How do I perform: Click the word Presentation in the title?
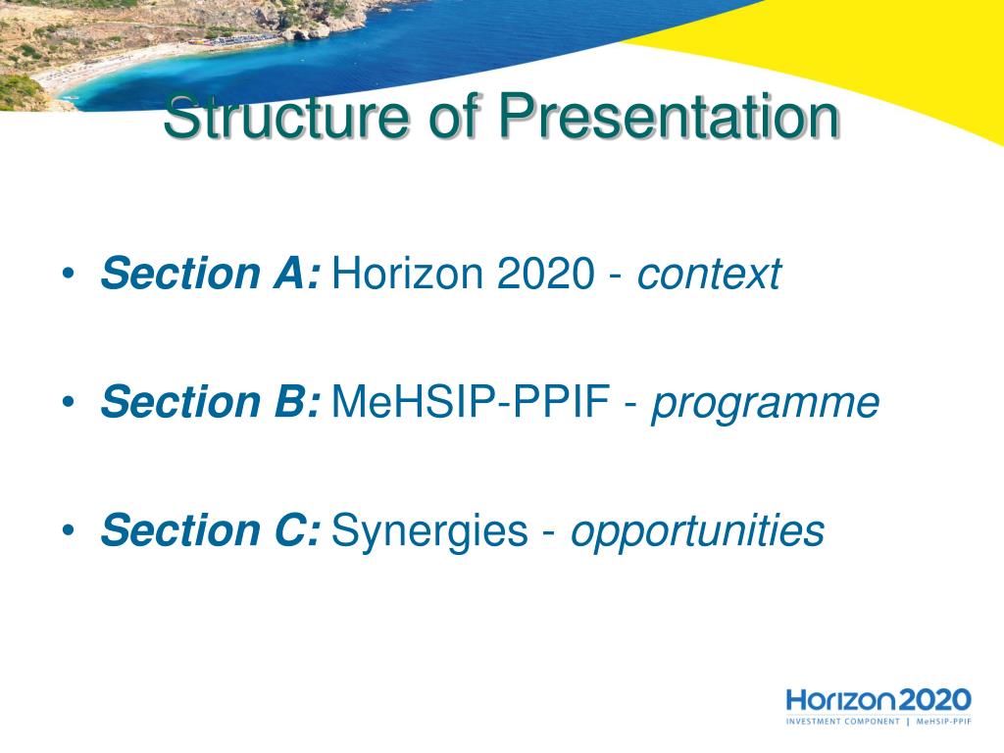(669, 116)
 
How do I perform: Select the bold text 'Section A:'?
(210, 274)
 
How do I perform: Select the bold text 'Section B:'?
(210, 402)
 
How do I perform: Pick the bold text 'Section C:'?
(210, 530)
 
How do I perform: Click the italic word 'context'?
(709, 275)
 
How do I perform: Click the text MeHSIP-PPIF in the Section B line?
(471, 402)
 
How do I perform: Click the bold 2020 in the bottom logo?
(935, 699)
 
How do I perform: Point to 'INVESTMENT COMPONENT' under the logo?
(842, 722)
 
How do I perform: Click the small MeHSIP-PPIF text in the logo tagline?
(944, 722)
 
